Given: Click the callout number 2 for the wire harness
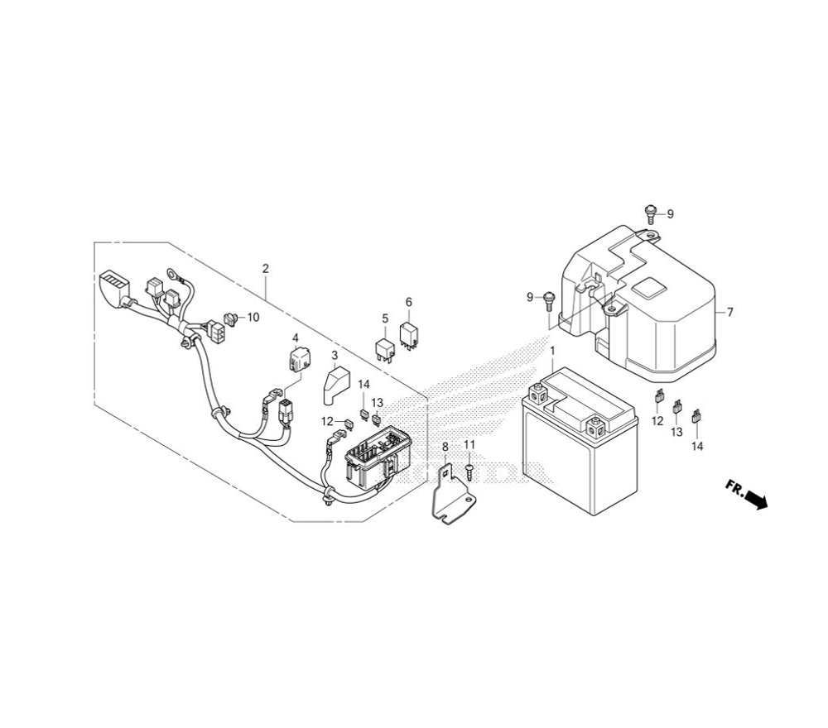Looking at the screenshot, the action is [x=266, y=269].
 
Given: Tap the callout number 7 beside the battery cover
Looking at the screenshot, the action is [x=729, y=313].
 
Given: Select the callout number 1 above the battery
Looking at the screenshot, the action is [x=552, y=351].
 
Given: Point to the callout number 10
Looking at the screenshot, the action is [x=253, y=317].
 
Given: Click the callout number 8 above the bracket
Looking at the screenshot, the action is [x=445, y=447].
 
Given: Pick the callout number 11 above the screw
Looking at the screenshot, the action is [x=469, y=445].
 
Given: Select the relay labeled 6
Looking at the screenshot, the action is [x=411, y=333].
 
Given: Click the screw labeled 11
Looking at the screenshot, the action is [x=469, y=472].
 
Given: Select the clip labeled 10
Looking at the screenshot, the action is [x=231, y=318].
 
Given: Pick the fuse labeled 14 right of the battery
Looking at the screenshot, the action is [x=696, y=415].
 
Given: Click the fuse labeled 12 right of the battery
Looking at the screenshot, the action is [x=658, y=395].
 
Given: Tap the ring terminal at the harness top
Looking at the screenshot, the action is [x=172, y=273].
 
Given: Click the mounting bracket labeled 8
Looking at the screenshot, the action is [x=451, y=495].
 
